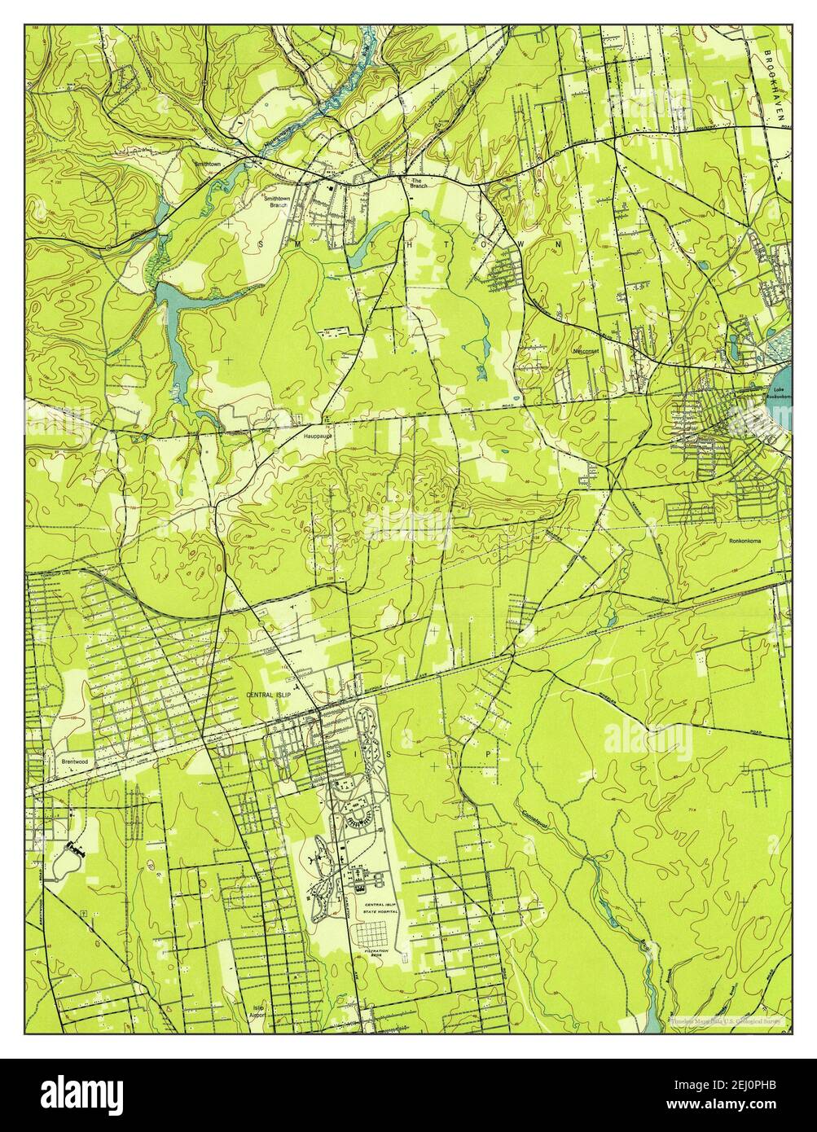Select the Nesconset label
pos(586,351)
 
